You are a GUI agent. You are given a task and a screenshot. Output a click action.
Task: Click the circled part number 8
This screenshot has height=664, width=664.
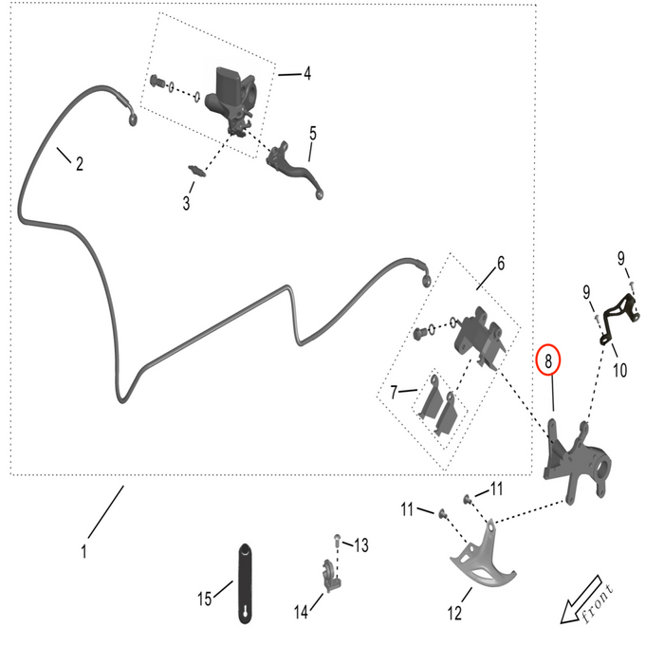[548, 360]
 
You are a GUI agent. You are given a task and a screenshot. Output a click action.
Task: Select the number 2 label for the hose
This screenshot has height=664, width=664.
[80, 163]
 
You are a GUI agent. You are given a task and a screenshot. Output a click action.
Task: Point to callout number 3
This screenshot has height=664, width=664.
[187, 202]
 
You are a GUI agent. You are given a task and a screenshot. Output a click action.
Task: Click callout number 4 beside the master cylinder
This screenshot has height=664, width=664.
[307, 73]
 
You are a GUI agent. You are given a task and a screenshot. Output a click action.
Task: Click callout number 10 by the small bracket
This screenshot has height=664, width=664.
[619, 370]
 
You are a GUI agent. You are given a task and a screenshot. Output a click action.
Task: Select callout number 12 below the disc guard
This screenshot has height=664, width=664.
[454, 613]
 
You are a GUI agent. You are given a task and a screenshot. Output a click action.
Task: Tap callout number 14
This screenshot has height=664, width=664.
[301, 613]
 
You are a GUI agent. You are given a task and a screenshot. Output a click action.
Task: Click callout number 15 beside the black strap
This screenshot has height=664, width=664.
[205, 599]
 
